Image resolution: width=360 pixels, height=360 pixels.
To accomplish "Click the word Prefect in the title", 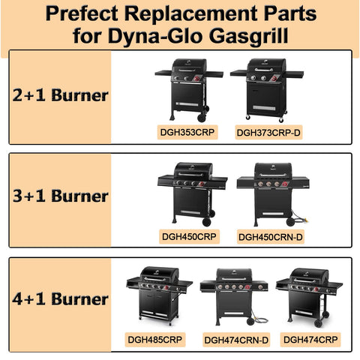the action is pos(82,13).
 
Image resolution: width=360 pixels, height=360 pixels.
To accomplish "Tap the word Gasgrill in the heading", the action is pos(248,36).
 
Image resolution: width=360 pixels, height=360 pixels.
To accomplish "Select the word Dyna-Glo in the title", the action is pos(154,36).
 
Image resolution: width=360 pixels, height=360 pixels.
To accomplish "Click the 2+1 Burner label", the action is pos(60,95).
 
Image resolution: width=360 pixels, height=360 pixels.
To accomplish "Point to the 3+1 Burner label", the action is pos(60,196).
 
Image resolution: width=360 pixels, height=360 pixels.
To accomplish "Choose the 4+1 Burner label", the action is pos(60,298).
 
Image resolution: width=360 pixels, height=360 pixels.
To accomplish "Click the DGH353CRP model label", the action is pos(187,132).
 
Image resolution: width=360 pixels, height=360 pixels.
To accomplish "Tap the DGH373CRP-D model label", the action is pos(268,133).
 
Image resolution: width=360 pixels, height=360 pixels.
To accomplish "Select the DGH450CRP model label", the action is pos(189,236).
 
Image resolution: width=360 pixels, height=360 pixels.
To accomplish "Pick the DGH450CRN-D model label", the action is pos(271,237).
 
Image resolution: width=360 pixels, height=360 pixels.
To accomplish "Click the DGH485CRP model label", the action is pos(155,340).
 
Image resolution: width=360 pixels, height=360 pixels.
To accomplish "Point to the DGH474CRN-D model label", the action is pos(236,340).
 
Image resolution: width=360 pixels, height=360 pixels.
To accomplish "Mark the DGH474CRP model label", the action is pos(310,340).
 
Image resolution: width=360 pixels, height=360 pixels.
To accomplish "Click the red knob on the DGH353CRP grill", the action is pos(196,79).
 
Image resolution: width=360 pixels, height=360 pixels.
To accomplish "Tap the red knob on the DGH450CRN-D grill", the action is pos(285,184).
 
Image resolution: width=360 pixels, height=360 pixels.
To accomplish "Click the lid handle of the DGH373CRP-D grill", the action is pos(264,70).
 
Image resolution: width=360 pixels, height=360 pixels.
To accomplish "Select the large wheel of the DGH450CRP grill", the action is pos(206,222).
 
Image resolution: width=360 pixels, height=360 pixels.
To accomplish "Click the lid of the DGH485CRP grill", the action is pos(160,274).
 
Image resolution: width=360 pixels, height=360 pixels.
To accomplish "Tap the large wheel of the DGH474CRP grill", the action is pos(318,323).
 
